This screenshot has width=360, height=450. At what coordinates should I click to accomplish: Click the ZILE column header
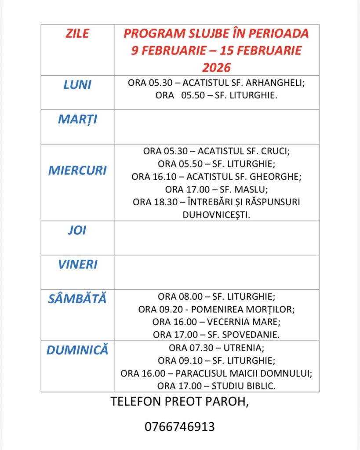click(x=77, y=33)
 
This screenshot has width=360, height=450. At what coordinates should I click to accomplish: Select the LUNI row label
click(x=77, y=84)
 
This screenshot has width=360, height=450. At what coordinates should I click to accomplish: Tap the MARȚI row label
click(x=77, y=119)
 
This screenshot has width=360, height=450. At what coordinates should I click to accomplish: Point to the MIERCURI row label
click(x=77, y=170)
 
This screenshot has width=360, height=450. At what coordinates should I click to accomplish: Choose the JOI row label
click(x=77, y=231)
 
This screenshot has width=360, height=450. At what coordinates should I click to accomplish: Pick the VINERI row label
click(x=77, y=265)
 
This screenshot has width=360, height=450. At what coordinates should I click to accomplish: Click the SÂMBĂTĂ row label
click(x=77, y=299)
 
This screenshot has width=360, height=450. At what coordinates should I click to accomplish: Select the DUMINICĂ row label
click(x=77, y=350)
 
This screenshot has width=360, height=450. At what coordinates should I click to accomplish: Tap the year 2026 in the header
click(x=216, y=67)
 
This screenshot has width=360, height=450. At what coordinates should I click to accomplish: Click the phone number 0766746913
click(x=180, y=427)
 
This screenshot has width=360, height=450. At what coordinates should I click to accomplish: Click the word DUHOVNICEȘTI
click(x=217, y=214)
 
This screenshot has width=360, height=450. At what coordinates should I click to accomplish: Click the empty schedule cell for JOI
click(x=217, y=238)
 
